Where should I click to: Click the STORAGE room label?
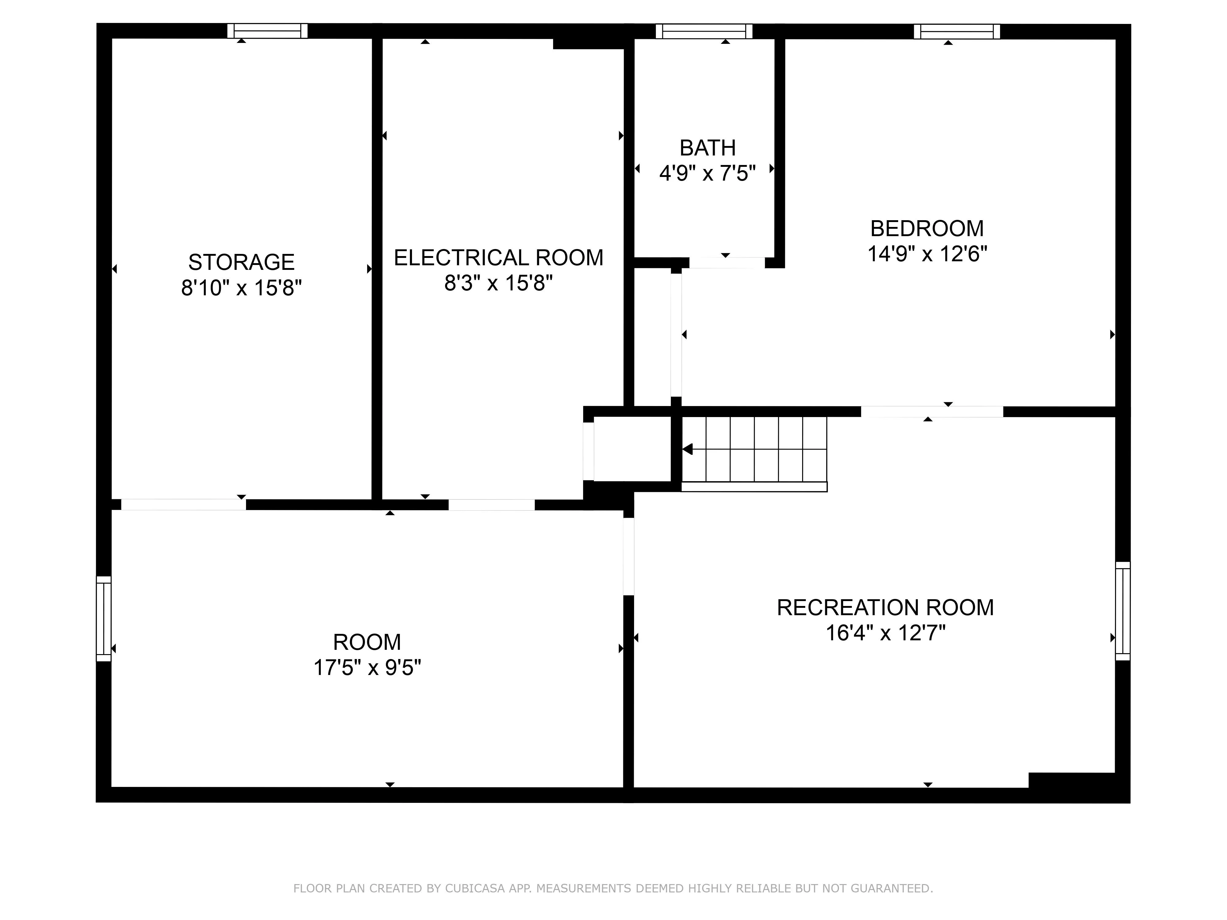pos(241,262)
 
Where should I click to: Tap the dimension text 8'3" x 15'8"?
pos(498,283)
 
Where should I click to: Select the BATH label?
pos(707,148)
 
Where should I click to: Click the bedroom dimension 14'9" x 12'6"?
pos(927,254)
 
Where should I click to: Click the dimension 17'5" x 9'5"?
pos(367,667)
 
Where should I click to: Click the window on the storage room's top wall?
pos(267,31)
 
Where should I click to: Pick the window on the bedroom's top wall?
pos(956,32)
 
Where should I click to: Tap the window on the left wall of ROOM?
pos(104,618)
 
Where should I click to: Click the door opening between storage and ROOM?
pos(183,504)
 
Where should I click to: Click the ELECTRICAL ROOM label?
pos(498,258)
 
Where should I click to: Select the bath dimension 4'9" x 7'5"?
pos(707,174)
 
